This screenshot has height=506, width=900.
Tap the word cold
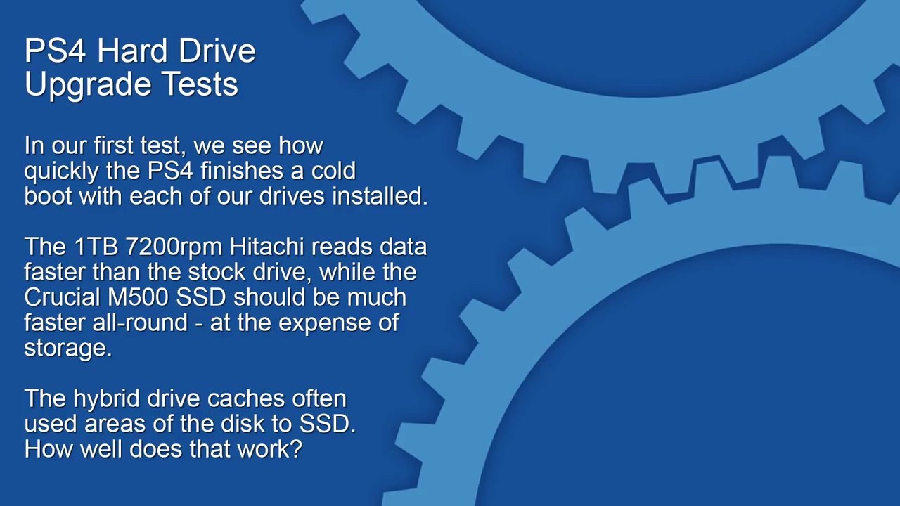point(333,171)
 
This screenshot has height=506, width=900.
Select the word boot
point(49,196)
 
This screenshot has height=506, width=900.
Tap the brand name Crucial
point(62,297)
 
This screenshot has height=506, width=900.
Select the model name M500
point(138,297)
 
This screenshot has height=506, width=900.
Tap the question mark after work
point(295,449)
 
